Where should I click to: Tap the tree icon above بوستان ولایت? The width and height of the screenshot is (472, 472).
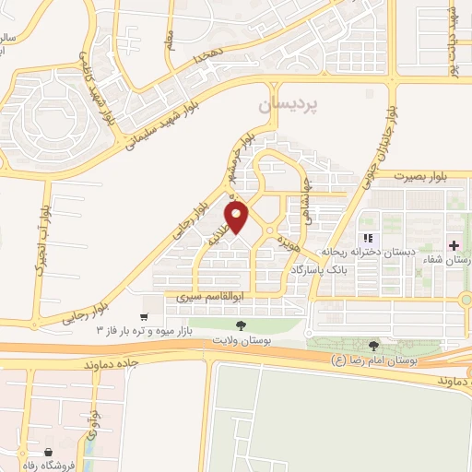tap(240, 325)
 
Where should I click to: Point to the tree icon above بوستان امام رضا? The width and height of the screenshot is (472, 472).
tap(372, 346)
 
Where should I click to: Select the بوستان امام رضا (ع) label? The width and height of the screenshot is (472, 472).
tap(375, 361)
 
